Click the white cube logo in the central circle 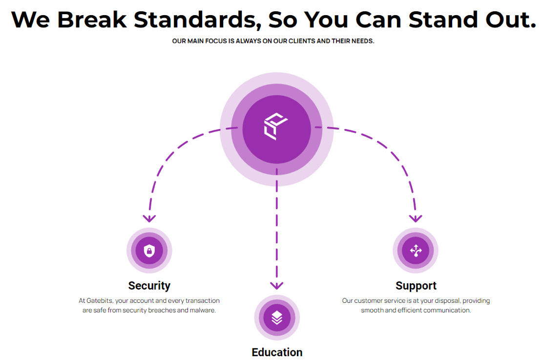(276, 127)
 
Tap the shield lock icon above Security (149, 251)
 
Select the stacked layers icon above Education (277, 318)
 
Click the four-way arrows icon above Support (416, 251)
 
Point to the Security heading (149, 285)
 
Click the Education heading (277, 352)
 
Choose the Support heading (416, 285)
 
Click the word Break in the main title (93, 20)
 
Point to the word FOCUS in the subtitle (216, 41)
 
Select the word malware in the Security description (202, 310)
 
